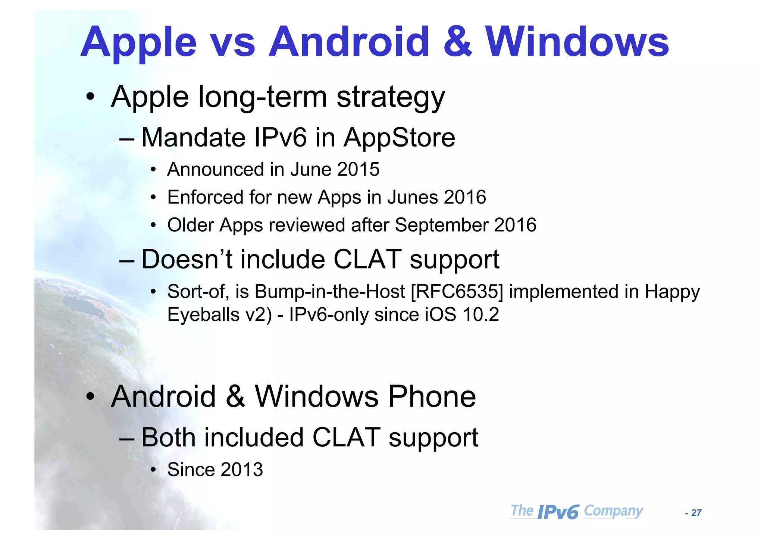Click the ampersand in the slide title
click(x=458, y=42)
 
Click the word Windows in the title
click(x=577, y=42)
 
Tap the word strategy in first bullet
click(x=391, y=97)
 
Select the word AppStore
click(x=399, y=138)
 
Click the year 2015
click(x=358, y=169)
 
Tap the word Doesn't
click(x=187, y=259)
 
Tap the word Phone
click(x=432, y=396)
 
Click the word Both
click(x=168, y=437)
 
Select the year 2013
click(x=241, y=470)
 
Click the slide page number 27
click(x=696, y=513)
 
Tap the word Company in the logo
click(x=613, y=511)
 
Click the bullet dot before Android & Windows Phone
click(x=90, y=397)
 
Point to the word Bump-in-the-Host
click(x=329, y=292)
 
